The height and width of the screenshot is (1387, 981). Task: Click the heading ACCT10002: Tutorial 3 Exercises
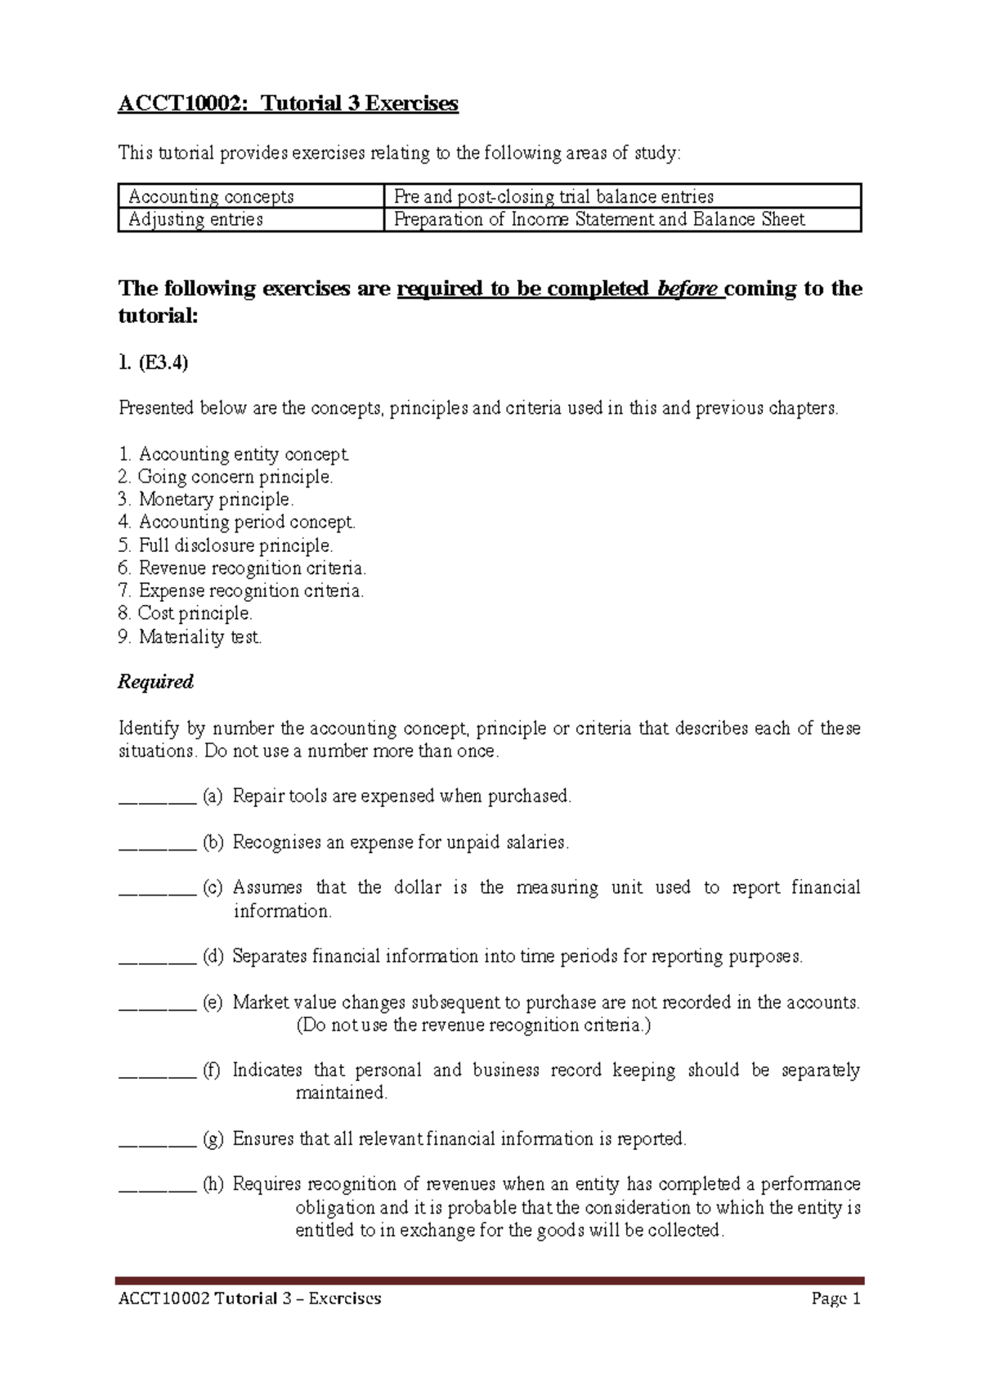click(x=288, y=104)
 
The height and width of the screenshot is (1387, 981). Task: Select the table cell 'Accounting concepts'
click(x=211, y=196)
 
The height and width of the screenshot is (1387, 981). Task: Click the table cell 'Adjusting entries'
click(x=195, y=219)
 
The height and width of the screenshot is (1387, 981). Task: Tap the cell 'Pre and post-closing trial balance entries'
click(x=553, y=196)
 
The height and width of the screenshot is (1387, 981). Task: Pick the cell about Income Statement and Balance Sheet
click(x=598, y=219)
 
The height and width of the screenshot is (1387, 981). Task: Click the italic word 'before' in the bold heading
click(x=687, y=289)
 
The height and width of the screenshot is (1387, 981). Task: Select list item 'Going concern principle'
click(x=226, y=477)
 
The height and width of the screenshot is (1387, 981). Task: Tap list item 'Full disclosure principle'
click(x=226, y=545)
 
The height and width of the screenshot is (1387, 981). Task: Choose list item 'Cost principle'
click(x=186, y=613)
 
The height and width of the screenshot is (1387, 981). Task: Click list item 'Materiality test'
click(x=191, y=636)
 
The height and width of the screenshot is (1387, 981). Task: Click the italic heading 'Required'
click(x=155, y=682)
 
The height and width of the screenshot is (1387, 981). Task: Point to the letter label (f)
click(x=213, y=1071)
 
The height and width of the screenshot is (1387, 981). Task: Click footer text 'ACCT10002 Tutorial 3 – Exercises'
click(x=250, y=1299)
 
